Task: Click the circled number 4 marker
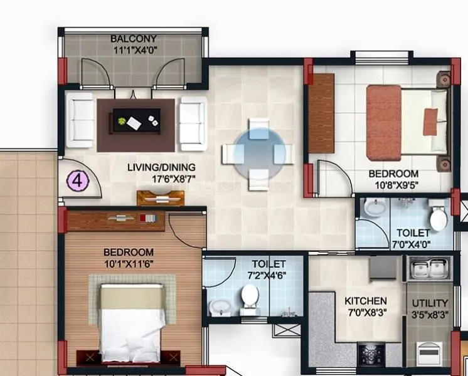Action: (78, 181)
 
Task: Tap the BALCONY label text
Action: (134, 38)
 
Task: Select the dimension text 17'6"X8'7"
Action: (161, 179)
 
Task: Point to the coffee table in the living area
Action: (136, 120)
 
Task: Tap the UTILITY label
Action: (430, 303)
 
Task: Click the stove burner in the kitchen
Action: (371, 355)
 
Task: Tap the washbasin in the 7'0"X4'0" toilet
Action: (375, 207)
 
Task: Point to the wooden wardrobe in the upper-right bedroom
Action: (321, 113)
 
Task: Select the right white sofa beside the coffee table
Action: (192, 121)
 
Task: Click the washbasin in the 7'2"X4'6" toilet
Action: (220, 307)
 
